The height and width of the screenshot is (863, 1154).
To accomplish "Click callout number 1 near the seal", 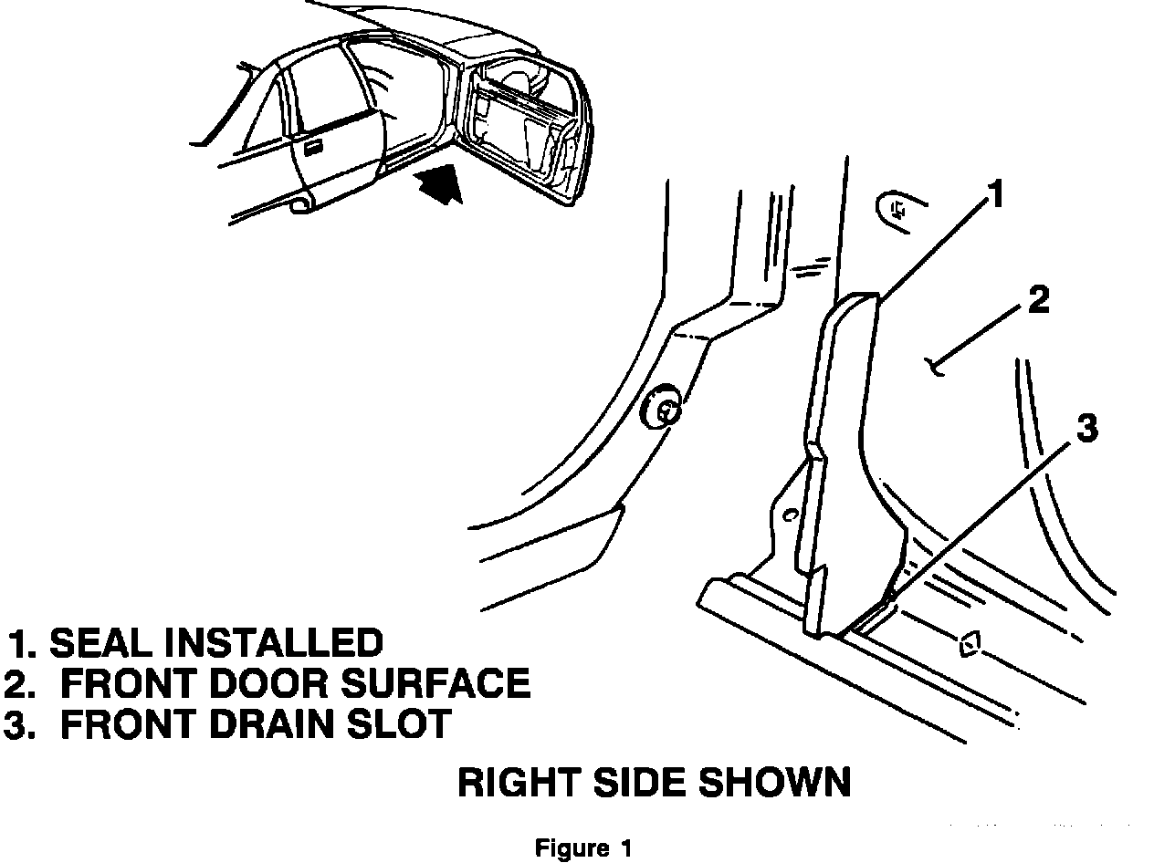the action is (996, 193).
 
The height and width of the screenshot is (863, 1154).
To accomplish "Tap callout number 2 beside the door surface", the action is (1038, 302).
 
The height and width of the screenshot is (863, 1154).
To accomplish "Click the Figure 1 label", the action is (583, 848).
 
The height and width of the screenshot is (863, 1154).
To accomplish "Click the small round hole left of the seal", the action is (792, 516).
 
